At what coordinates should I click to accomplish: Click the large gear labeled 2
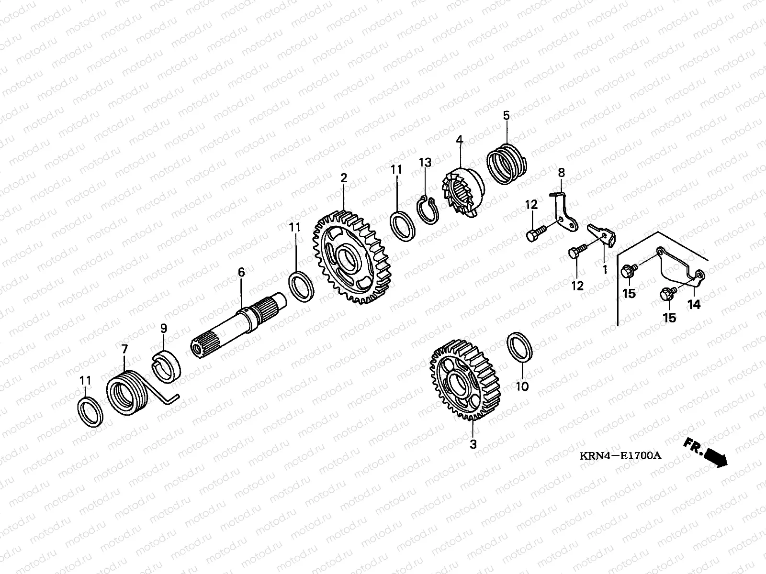point(352,257)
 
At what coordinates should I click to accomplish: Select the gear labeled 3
point(465,380)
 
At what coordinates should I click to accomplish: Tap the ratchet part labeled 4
point(462,192)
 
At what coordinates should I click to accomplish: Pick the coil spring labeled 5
point(507,164)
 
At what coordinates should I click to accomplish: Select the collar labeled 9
point(167,366)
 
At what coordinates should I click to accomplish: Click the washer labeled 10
point(519,347)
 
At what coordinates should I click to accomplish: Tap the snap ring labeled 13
point(428,210)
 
